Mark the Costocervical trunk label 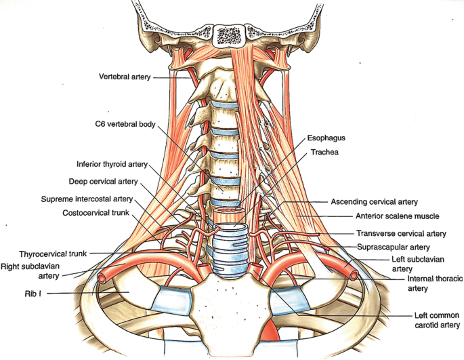[x=97, y=213]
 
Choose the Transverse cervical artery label [x=401, y=233]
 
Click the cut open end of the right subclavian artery [x=105, y=277]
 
